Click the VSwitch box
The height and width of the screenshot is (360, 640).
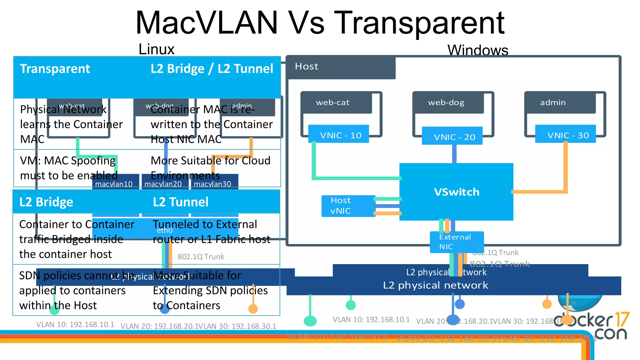(456, 192)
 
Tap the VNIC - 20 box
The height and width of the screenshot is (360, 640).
(452, 137)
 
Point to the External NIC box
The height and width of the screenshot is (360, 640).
(456, 242)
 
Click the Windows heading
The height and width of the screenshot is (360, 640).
(477, 50)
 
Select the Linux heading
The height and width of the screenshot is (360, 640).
(156, 49)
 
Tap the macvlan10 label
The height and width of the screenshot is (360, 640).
(114, 184)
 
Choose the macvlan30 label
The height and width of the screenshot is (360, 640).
(212, 184)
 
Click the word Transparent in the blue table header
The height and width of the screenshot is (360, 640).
(55, 68)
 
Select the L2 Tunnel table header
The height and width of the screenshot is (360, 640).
(181, 202)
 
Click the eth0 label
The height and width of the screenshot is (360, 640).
(165, 230)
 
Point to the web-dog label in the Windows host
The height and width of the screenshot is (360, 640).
(446, 102)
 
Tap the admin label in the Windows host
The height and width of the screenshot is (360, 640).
(552, 102)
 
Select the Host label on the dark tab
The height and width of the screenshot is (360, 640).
(306, 67)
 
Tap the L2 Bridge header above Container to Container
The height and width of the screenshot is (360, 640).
(46, 202)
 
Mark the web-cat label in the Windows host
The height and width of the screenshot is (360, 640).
(332, 102)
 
